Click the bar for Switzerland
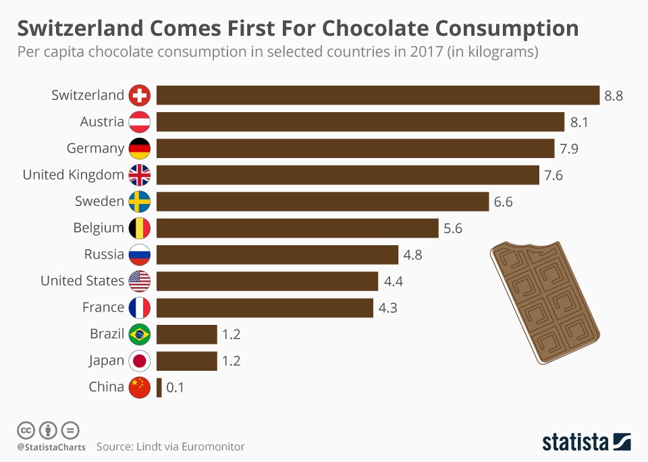click(x=378, y=95)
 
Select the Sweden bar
click(x=323, y=201)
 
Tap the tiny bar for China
click(x=159, y=387)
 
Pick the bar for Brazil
click(x=187, y=334)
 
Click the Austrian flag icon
click(x=140, y=122)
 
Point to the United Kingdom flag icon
click(x=140, y=175)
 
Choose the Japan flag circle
click(x=140, y=361)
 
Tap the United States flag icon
click(x=140, y=281)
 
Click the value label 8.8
click(x=614, y=95)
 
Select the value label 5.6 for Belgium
click(x=453, y=228)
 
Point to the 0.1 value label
click(x=175, y=388)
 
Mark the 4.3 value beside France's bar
click(x=388, y=307)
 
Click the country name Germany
click(x=95, y=149)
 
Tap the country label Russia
click(x=104, y=255)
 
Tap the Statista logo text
click(x=575, y=442)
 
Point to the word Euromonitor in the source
click(x=212, y=446)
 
